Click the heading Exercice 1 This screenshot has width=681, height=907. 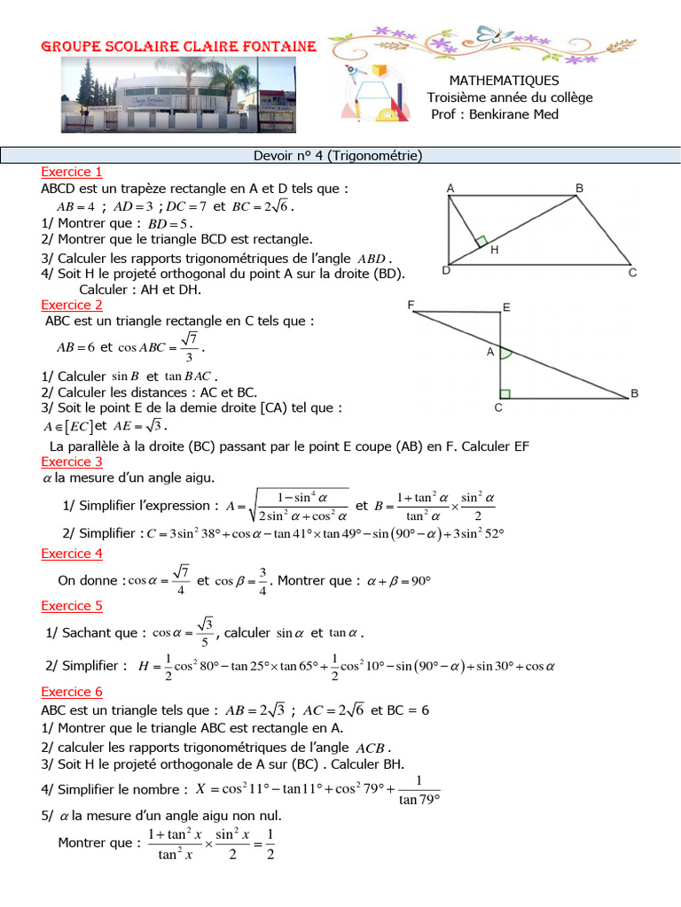coord(72,172)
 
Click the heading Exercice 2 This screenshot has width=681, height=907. coord(72,305)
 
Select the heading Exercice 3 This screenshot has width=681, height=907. coord(72,461)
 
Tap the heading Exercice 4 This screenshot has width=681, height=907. coord(72,554)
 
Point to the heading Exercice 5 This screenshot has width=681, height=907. coord(72,606)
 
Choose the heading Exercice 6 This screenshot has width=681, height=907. coord(72,692)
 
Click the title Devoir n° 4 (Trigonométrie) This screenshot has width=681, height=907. coord(338,156)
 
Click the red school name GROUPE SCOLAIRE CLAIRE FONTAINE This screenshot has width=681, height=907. coord(180,46)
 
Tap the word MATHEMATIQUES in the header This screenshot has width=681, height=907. coord(504,81)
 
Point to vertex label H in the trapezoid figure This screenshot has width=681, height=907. coord(494,251)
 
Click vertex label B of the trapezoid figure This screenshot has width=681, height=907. coord(579,189)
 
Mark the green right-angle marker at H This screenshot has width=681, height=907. coord(480,241)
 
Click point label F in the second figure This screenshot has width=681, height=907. coord(411,305)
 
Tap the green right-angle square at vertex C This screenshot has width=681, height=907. coord(505,393)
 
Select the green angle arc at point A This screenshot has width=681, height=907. coord(506,353)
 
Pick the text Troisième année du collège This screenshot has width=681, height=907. coord(509,97)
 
